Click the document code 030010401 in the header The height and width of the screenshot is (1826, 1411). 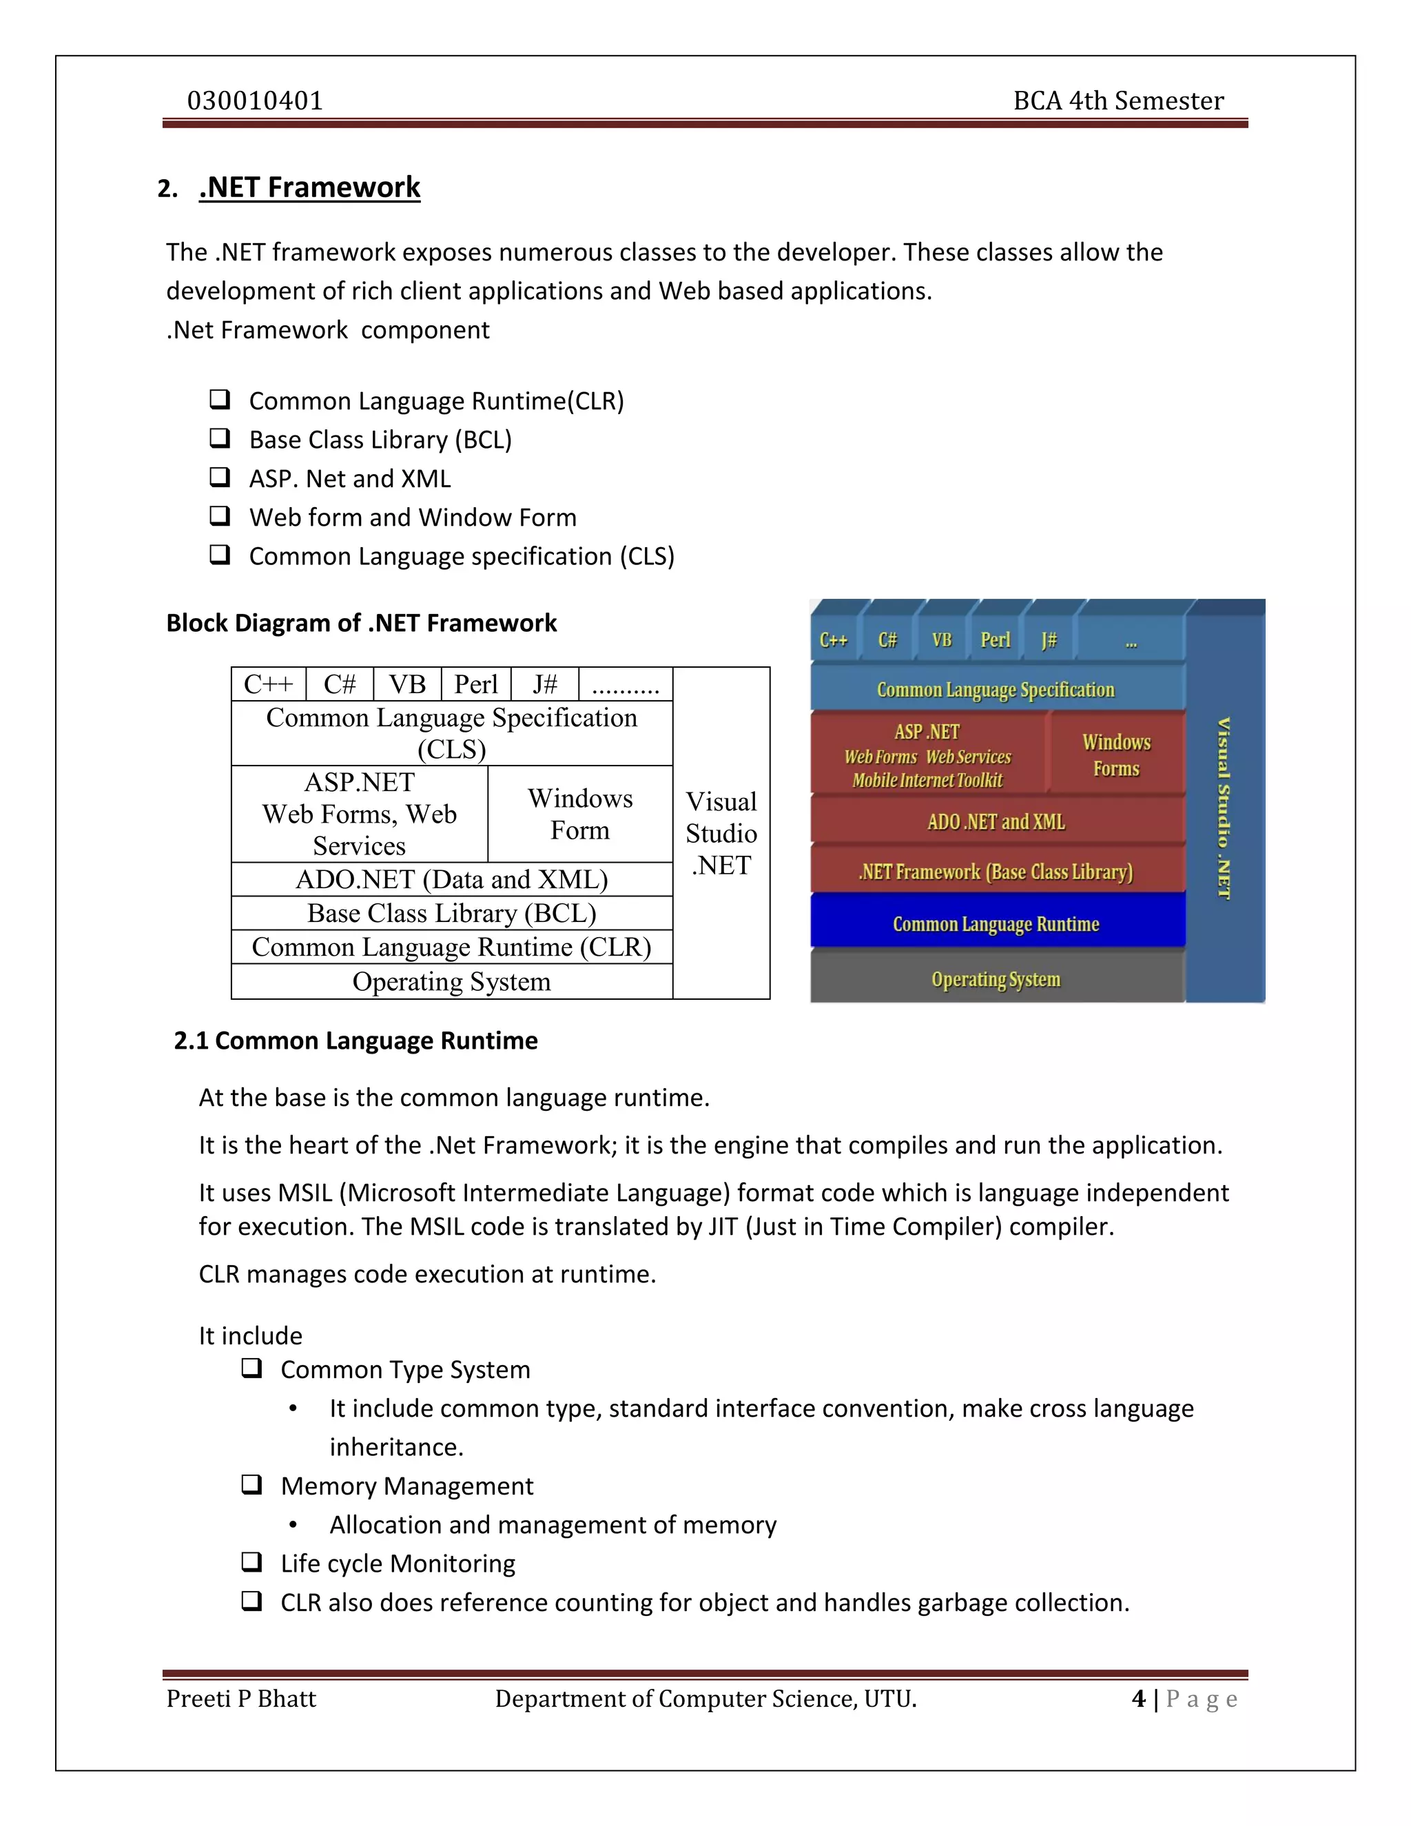pos(255,101)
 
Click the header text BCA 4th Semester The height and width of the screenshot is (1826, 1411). pos(1118,101)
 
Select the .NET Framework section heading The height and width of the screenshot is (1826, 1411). pos(309,187)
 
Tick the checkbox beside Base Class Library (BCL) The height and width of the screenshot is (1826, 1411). pos(220,438)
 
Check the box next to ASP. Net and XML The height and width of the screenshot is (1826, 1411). pos(220,478)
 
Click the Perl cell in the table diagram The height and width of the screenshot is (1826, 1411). pos(475,684)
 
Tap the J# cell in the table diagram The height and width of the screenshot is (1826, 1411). pos(545,684)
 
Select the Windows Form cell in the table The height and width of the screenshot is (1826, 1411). pos(580,814)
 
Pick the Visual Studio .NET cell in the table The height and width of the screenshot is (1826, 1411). pos(721,833)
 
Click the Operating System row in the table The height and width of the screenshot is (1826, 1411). pos(451,981)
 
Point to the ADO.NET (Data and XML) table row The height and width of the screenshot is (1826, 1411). pos(451,879)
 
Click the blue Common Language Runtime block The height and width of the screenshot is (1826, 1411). pos(996,924)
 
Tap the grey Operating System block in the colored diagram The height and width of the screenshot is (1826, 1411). pos(996,979)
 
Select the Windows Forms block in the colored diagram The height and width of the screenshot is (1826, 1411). pos(1116,755)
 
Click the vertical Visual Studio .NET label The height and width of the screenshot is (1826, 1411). pos(1224,807)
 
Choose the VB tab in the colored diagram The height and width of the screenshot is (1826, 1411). pos(942,640)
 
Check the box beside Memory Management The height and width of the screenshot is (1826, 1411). pos(251,1485)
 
